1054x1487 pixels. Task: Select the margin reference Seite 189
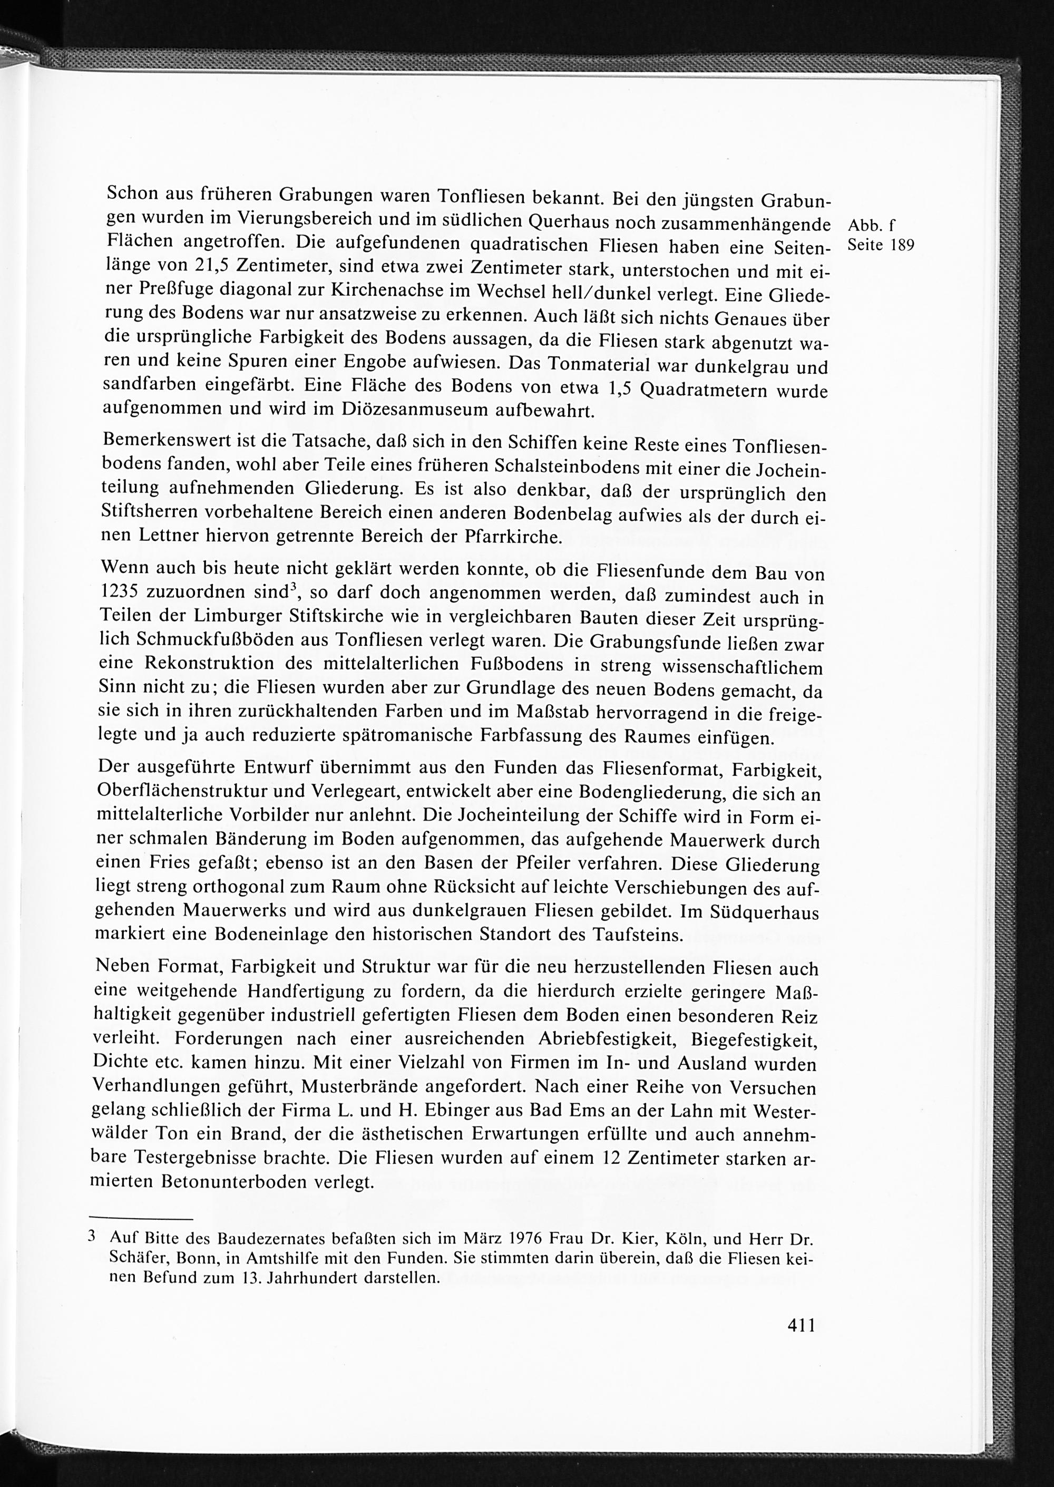point(881,246)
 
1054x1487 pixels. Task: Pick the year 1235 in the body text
point(124,592)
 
